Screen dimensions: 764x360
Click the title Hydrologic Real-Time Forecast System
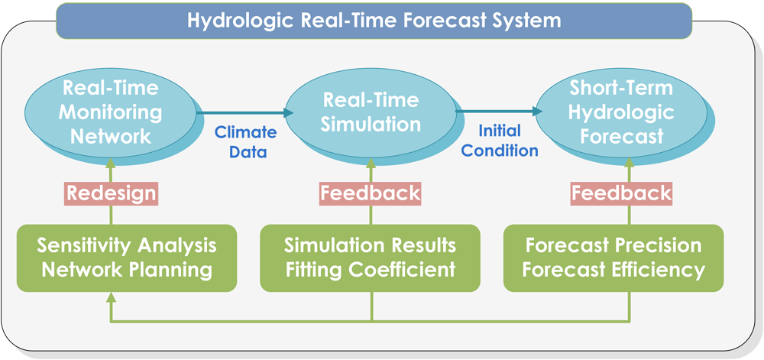click(374, 21)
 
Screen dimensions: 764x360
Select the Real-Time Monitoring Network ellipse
click(111, 112)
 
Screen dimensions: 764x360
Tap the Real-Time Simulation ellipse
click(371, 112)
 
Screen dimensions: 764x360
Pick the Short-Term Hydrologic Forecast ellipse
click(622, 112)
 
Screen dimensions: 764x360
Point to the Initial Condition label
click(500, 140)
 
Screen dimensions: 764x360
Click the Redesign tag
click(111, 193)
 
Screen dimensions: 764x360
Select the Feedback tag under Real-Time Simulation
click(371, 193)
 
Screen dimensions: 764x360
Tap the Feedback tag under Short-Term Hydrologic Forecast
click(621, 193)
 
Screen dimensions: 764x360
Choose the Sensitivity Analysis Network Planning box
click(127, 258)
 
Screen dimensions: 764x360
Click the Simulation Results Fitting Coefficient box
click(371, 258)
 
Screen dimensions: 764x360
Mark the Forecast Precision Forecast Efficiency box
click(613, 258)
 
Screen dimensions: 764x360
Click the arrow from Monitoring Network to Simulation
click(245, 112)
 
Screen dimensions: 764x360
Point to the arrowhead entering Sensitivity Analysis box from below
click(111, 297)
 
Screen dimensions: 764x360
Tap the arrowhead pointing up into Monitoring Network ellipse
click(111, 163)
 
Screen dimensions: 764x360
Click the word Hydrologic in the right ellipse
click(622, 112)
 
